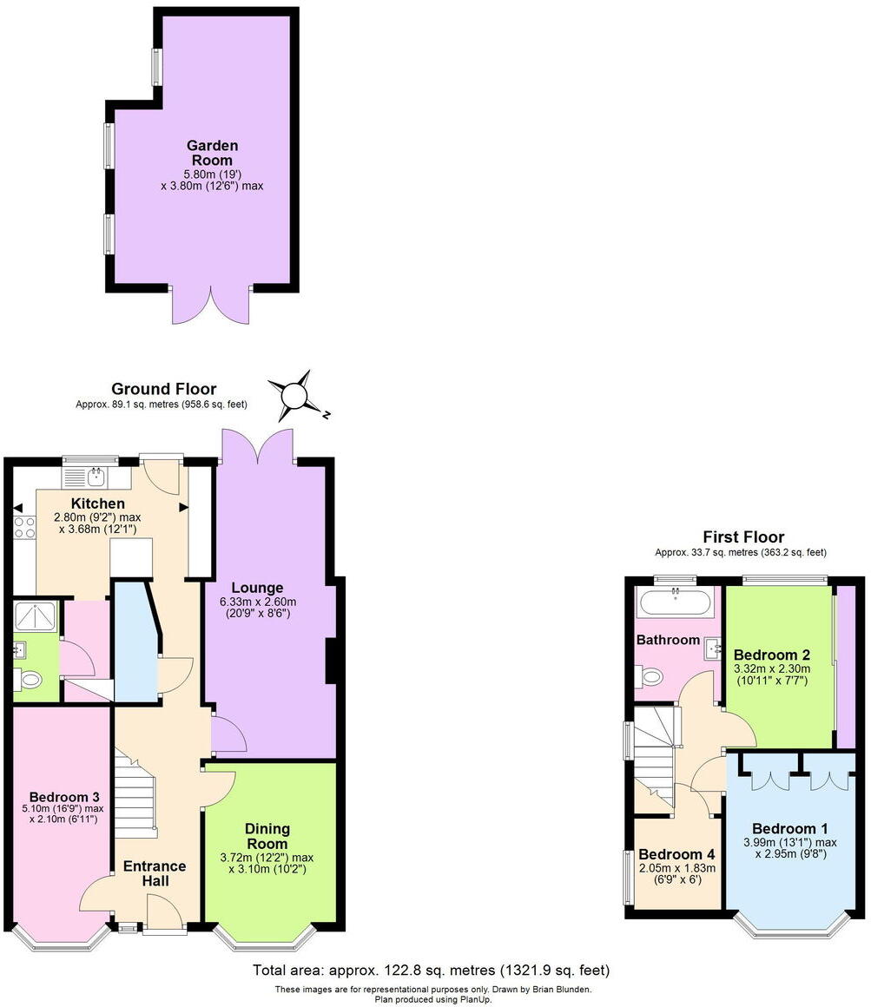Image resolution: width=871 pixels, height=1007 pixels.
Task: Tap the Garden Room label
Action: click(214, 153)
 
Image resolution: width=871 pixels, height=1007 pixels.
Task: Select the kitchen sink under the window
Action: click(96, 476)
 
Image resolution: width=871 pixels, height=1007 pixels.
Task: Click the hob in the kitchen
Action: click(24, 527)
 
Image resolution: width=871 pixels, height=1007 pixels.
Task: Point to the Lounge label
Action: click(263, 588)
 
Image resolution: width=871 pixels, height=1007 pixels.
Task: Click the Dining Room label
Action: click(267, 836)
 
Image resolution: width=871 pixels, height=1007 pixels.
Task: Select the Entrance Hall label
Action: click(155, 872)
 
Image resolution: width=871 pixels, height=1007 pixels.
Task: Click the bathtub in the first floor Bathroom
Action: click(676, 600)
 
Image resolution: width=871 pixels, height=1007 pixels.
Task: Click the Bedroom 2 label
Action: click(771, 654)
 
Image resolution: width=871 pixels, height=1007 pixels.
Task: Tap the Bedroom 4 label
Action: click(678, 853)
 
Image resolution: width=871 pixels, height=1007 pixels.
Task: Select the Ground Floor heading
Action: click(164, 389)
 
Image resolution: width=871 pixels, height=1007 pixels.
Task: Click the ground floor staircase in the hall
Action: click(135, 795)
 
